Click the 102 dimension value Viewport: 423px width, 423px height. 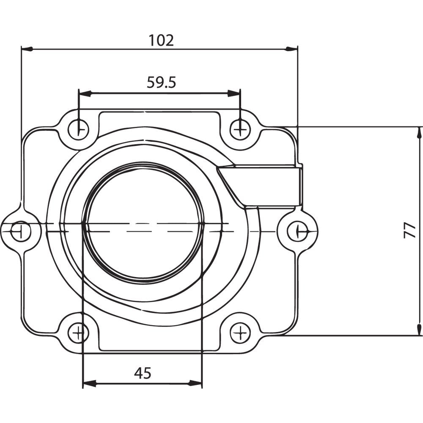click(x=161, y=40)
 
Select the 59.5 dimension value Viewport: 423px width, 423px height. click(x=161, y=82)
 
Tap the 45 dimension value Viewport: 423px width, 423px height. click(x=143, y=373)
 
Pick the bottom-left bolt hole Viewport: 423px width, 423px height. click(x=78, y=333)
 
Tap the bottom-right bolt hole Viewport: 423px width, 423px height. click(x=240, y=333)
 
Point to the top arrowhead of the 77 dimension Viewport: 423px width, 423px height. click(x=419, y=132)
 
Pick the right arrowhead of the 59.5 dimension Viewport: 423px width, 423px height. click(x=234, y=93)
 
